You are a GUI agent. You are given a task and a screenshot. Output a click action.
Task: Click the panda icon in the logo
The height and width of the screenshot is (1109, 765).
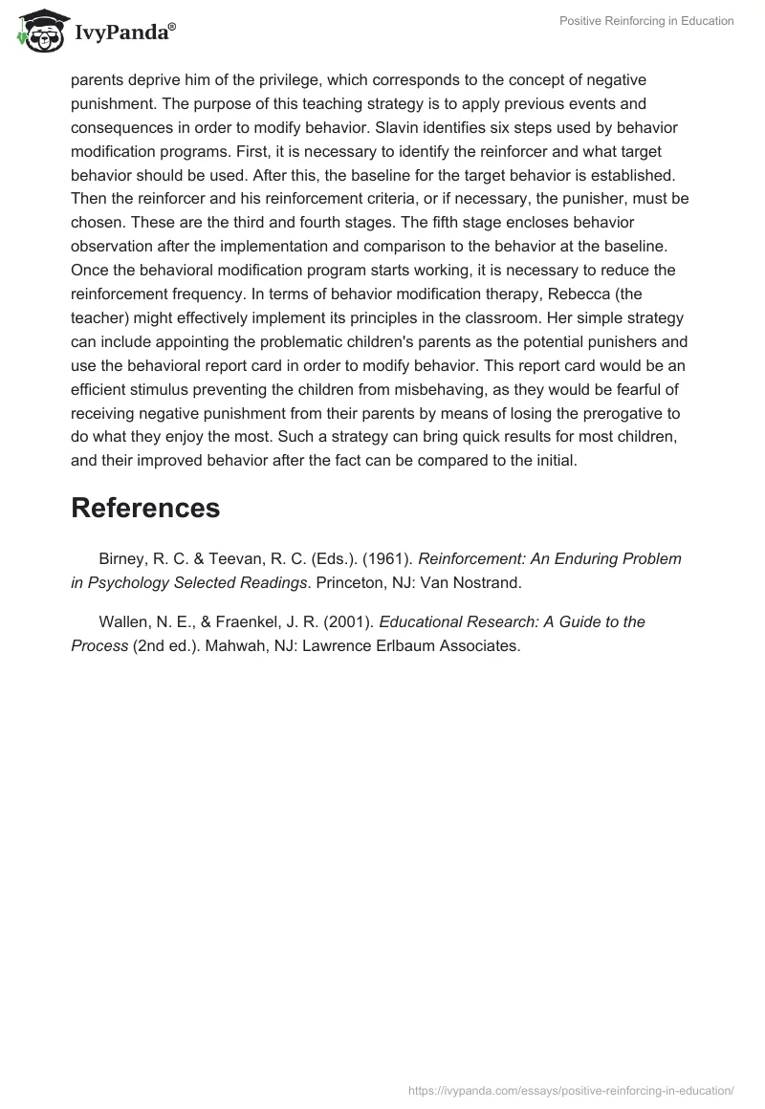pos(36,33)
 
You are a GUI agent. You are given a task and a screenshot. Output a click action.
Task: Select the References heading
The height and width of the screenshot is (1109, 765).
pos(145,508)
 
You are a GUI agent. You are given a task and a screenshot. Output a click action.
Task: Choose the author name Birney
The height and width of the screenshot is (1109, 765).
pos(123,558)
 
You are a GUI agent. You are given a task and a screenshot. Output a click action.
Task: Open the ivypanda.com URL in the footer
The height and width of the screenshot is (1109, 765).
pos(572,1089)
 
